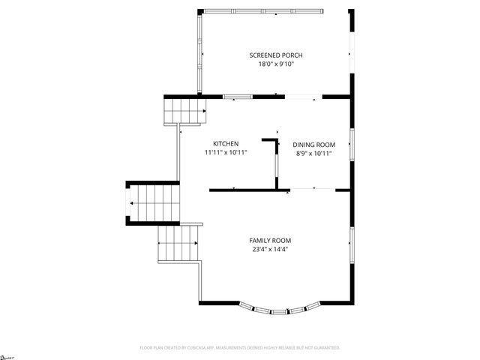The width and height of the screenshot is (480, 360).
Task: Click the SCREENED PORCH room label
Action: pos(276,55)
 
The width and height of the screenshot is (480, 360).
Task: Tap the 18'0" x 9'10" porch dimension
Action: pos(276,64)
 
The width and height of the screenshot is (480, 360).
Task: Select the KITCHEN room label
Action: pos(226,144)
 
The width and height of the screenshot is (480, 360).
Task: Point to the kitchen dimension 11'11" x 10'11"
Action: pos(226,152)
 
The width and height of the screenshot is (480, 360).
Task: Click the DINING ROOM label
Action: pos(313,145)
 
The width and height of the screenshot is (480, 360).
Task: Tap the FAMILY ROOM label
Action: pos(270,241)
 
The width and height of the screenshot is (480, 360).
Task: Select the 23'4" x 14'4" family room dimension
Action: pos(270,249)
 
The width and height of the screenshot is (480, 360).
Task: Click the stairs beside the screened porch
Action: pos(184,111)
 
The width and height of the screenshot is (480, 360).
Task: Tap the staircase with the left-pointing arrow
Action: pos(153,204)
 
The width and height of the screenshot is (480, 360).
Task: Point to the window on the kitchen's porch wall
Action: pos(237,96)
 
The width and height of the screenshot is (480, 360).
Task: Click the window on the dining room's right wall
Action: pos(351,144)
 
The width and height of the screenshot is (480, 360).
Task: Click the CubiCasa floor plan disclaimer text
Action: pos(240,348)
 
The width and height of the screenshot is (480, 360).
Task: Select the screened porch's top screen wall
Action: pos(262,10)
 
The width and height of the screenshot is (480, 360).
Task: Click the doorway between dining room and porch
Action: pos(303,96)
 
